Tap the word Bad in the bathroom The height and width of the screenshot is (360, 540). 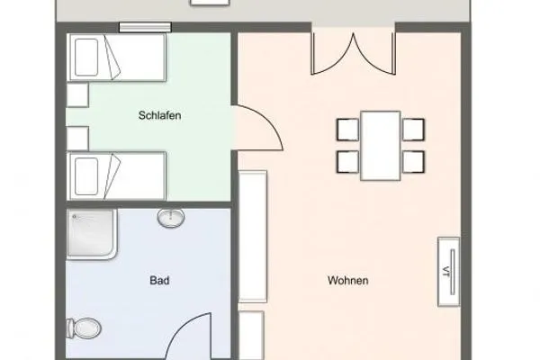159,280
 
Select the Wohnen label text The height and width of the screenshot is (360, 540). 347,280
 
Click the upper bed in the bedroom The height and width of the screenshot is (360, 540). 118,58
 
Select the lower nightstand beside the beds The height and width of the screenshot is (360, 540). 76,136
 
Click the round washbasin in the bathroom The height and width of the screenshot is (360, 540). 171,218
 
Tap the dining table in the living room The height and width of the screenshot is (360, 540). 380,145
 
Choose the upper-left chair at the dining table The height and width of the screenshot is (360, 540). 347,129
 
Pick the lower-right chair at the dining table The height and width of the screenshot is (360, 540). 413,162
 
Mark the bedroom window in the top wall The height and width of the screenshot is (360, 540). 145,27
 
